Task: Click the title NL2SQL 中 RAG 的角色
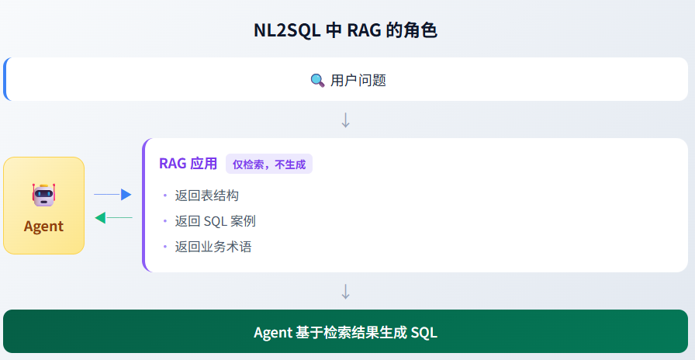(346, 31)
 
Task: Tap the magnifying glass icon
(317, 80)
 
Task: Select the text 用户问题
(358, 80)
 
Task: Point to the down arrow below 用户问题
(346, 120)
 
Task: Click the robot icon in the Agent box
(43, 195)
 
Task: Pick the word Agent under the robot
(43, 227)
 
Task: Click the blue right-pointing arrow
(112, 195)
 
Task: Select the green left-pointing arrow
(112, 218)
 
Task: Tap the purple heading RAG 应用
(188, 164)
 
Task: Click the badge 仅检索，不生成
(269, 164)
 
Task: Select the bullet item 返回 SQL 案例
(216, 221)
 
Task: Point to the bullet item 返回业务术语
(213, 247)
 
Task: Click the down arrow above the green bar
(346, 292)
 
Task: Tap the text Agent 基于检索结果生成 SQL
(346, 333)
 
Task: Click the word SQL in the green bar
(424, 333)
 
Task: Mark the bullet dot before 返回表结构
(165, 196)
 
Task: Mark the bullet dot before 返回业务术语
(165, 247)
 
